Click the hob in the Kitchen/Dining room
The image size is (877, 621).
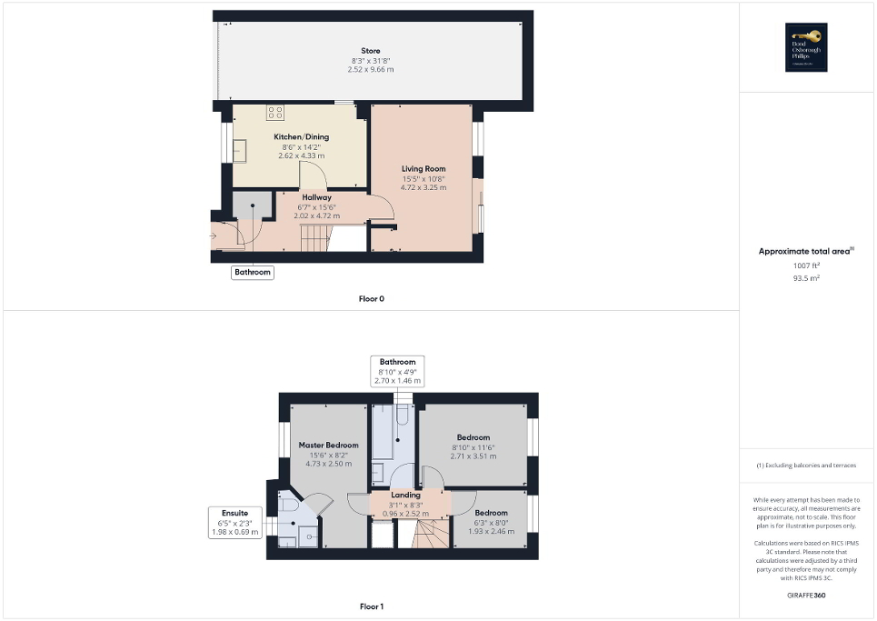pos(275,113)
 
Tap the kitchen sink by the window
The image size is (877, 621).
pos(240,152)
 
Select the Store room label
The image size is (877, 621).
pos(371,51)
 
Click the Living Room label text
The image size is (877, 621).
pos(424,168)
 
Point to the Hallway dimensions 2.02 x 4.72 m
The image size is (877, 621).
pos(317,215)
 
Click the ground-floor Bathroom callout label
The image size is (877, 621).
pos(253,272)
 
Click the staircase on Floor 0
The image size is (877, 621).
pos(314,239)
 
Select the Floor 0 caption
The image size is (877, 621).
pos(371,299)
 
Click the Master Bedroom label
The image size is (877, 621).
pos(329,446)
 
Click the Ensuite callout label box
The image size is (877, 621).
pos(235,522)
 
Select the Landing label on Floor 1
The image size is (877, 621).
pos(405,496)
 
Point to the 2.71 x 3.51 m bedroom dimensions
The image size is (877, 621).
pos(473,456)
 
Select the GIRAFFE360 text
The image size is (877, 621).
pos(807,596)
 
